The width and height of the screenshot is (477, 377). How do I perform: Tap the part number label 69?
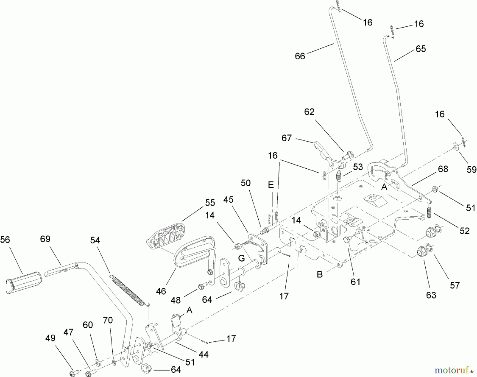(x=45, y=239)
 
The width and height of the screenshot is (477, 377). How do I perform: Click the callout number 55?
(x=210, y=203)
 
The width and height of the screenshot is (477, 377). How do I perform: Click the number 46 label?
(x=161, y=291)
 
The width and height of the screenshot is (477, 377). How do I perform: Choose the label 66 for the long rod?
(x=300, y=56)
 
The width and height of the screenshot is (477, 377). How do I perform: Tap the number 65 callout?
(x=421, y=49)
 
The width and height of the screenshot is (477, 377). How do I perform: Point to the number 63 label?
(x=431, y=295)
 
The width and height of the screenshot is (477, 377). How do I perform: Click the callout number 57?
(x=455, y=285)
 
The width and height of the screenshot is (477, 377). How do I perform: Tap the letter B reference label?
(x=320, y=274)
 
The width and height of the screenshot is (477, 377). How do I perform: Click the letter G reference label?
(x=241, y=258)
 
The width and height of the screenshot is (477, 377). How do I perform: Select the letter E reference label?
(x=271, y=185)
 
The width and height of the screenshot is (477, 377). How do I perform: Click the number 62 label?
(x=309, y=112)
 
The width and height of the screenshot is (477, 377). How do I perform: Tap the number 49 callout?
(x=50, y=338)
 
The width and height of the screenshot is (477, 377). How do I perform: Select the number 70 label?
(x=108, y=320)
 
